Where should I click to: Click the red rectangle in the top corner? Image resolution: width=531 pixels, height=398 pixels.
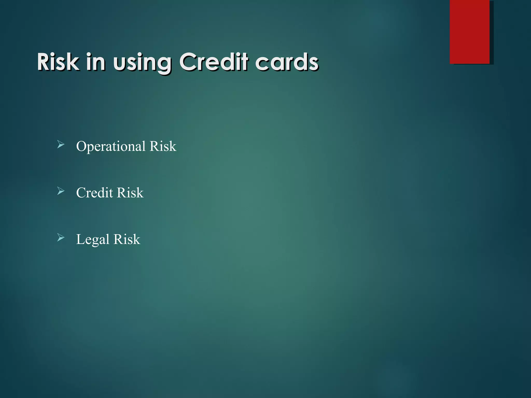pos(470,32)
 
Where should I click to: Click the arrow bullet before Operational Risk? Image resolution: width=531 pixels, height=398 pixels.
pos(61,145)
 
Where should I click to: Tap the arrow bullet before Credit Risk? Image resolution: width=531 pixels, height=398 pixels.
pos(61,191)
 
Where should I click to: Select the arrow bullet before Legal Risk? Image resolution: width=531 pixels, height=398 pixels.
pos(61,238)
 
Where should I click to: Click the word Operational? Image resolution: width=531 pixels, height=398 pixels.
pos(111,147)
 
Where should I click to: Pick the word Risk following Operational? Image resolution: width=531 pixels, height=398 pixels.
pos(163,146)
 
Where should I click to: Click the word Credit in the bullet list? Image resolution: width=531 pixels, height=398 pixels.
pos(95,193)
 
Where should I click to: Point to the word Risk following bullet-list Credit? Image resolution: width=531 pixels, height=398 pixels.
pos(130,193)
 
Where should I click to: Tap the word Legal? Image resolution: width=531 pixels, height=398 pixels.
pos(93,240)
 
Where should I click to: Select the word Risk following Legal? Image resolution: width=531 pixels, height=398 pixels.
pos(127,239)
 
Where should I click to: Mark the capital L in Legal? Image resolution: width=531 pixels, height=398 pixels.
pos(80,239)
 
